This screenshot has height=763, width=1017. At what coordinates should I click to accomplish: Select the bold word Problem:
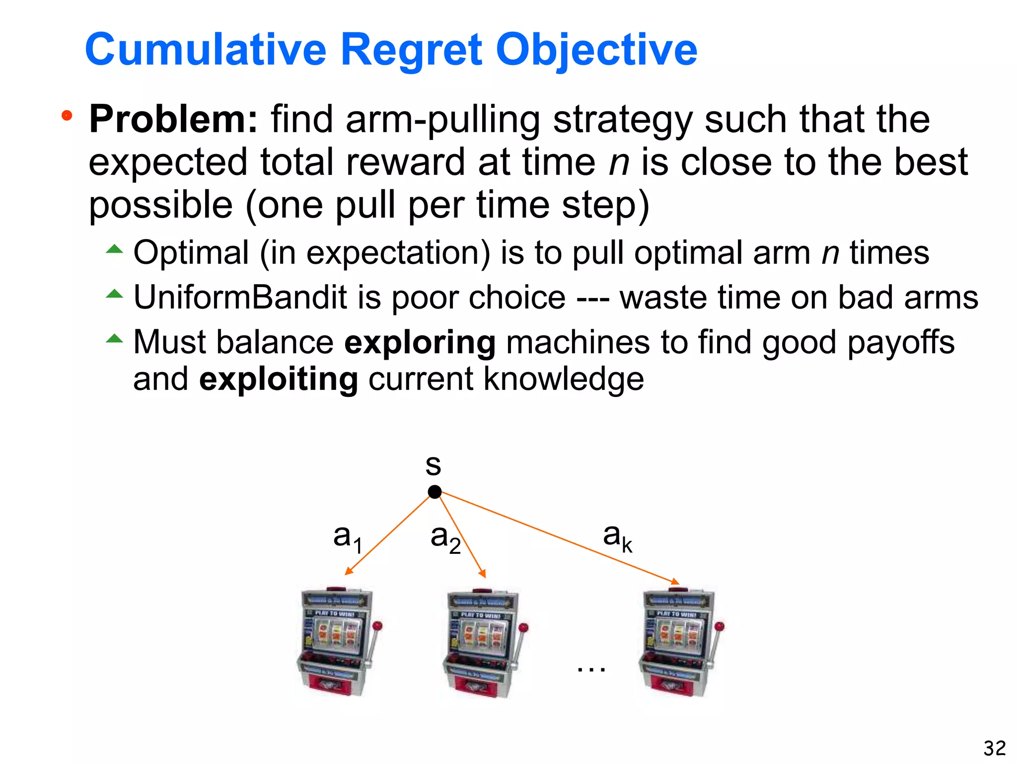coord(173,119)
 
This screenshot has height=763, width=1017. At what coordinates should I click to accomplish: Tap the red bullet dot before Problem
coord(67,116)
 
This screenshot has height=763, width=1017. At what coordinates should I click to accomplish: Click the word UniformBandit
coord(240,298)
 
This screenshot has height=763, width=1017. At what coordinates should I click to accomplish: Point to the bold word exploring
coord(420,342)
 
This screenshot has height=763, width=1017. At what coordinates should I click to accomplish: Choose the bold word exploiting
coord(278,379)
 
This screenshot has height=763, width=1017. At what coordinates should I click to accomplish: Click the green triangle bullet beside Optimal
coord(114,249)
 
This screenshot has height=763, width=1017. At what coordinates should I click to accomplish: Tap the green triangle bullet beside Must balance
coord(114,339)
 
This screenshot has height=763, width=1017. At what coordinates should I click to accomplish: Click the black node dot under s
coord(435,492)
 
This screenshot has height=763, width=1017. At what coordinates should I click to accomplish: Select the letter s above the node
coord(433,465)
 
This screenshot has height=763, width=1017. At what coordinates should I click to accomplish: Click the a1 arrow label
coord(347,538)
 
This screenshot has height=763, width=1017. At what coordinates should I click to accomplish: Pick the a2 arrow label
coord(445,538)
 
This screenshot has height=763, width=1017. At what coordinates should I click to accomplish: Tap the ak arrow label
coord(617,537)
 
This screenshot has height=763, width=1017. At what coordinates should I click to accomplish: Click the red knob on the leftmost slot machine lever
coord(377,625)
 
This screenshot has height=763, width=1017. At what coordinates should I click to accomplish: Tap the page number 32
coord(994,748)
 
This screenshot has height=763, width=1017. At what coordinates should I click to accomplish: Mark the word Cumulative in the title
coord(206,50)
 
